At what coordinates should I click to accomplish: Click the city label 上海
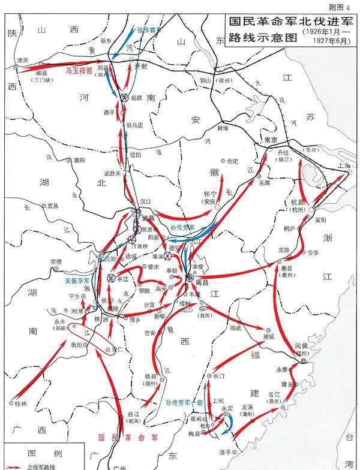pyautogui.click(x=344, y=166)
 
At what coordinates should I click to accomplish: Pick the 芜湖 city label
pyautogui.click(x=265, y=184)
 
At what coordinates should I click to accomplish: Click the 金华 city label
pyautogui.click(x=313, y=253)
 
